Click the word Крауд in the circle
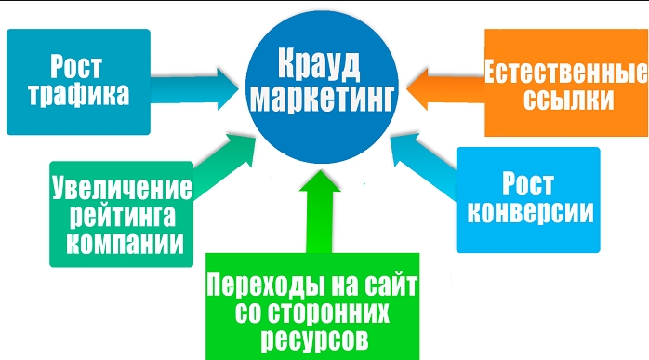click(x=319, y=64)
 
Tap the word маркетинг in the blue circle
click(x=322, y=100)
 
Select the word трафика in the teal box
click(x=79, y=94)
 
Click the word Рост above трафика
click(x=76, y=67)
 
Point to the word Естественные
click(x=566, y=72)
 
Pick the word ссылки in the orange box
click(x=569, y=99)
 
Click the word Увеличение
click(x=123, y=188)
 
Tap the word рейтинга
click(x=123, y=216)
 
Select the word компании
click(x=125, y=243)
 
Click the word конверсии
click(x=530, y=212)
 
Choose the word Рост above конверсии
click(x=528, y=184)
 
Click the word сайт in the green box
click(x=391, y=285)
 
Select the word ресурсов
click(x=315, y=340)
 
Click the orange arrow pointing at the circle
click(x=445, y=88)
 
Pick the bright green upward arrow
click(x=320, y=211)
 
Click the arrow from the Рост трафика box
click(x=194, y=89)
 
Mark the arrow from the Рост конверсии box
click(x=424, y=165)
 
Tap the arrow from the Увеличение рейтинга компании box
click(x=224, y=165)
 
